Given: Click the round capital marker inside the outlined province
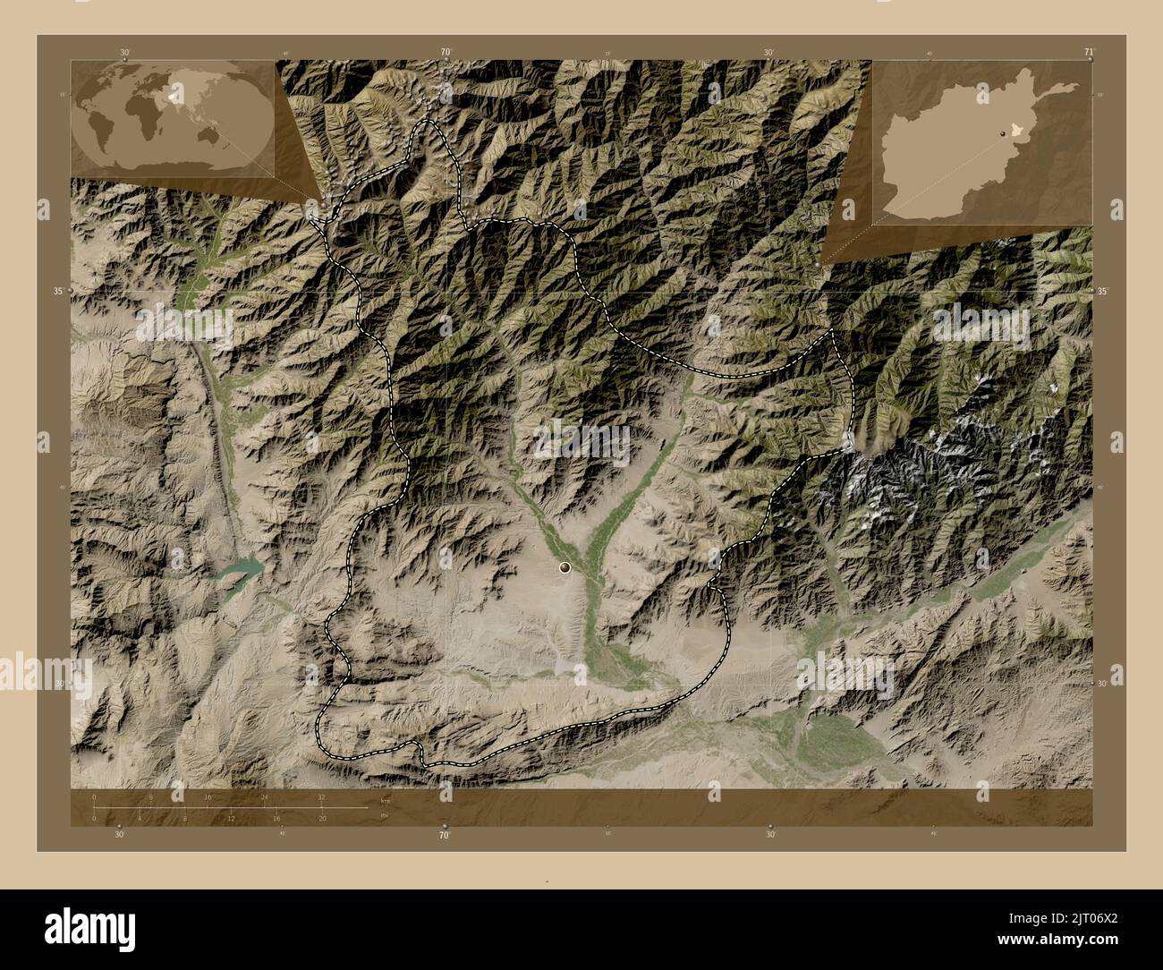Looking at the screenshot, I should (565, 566).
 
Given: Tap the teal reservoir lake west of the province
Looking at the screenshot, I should (240, 571).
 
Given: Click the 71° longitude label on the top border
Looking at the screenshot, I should (1089, 52).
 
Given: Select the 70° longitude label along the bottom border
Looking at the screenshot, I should (444, 836).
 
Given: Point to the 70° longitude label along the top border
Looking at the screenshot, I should (445, 52).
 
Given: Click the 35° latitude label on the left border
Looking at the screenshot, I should (58, 291).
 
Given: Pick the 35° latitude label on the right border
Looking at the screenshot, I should (1103, 291).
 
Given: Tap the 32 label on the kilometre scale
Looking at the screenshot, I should (320, 796).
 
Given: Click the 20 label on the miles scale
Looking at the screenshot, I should (322, 818).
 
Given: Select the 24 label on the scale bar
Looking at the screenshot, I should (263, 796).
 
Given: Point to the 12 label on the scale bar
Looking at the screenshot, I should (230, 818).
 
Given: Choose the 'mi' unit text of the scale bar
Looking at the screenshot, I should (385, 815).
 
